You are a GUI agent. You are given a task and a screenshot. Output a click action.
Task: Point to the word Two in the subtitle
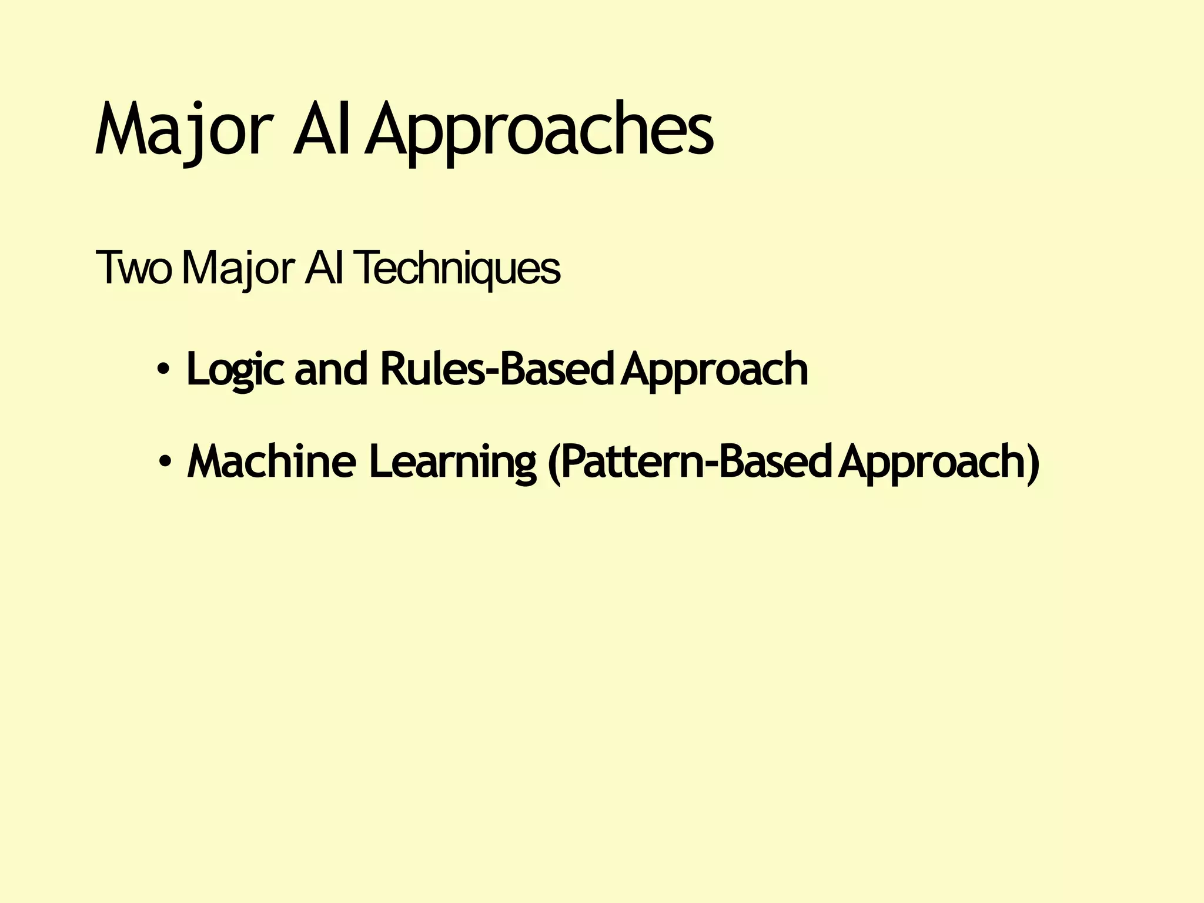pos(134,269)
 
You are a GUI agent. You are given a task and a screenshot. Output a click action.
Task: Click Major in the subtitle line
pos(238,269)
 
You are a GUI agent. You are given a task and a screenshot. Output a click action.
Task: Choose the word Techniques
pos(457,269)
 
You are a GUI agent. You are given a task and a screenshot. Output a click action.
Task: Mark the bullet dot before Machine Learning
pos(165,462)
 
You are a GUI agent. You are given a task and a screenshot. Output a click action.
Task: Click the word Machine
pos(271,462)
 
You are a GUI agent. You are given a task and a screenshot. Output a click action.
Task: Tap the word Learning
pos(452,462)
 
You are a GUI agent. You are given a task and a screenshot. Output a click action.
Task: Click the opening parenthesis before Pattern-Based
pos(553,463)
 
